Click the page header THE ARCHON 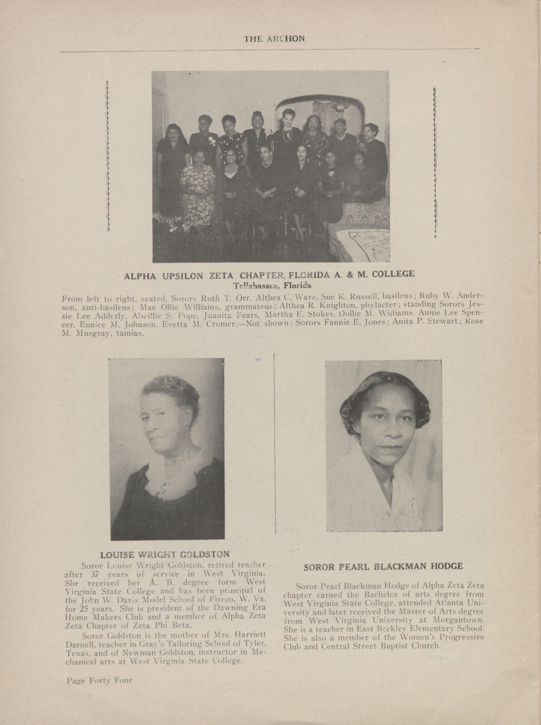point(274,39)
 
